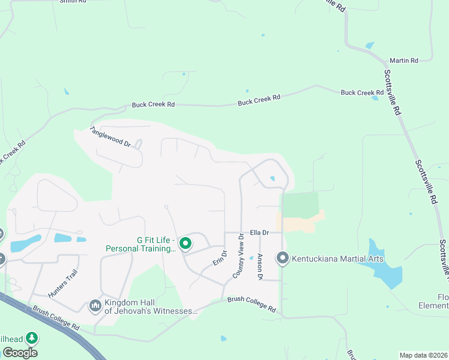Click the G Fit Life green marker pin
tap(185, 244)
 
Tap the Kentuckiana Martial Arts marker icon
tap(283, 259)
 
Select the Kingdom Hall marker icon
tap(95, 307)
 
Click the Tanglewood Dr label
tap(110, 136)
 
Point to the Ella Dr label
tap(258, 232)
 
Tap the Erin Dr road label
tap(219, 259)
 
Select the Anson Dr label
tap(260, 267)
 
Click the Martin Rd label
tap(403, 61)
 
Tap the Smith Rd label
tap(73, 2)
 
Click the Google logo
tap(19, 353)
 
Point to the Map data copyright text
tap(423, 355)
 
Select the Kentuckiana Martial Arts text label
tap(338, 259)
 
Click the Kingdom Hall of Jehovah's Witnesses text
tap(151, 307)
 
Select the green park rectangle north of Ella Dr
tap(299, 204)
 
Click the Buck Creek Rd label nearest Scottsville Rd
tap(362, 92)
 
